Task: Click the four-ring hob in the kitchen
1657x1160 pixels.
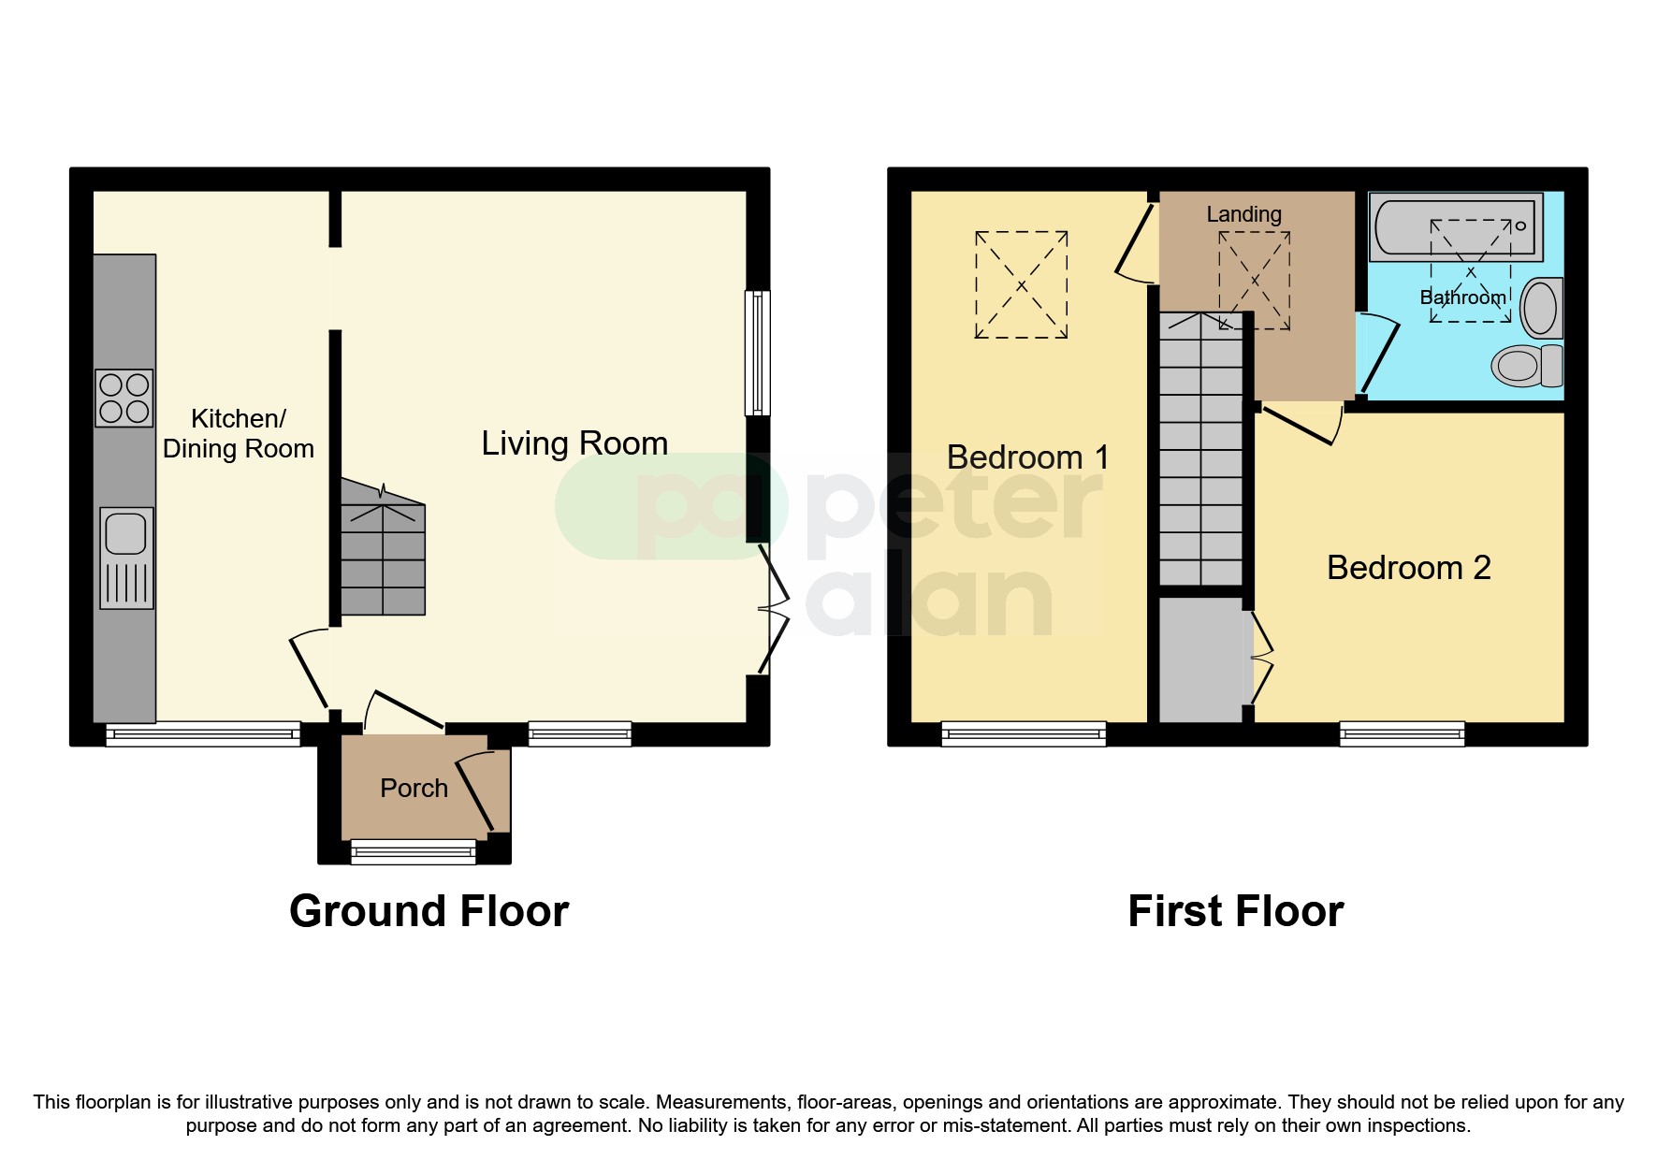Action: coord(124,399)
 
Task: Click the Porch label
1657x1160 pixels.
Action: coord(414,789)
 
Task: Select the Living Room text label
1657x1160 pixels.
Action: coord(574,443)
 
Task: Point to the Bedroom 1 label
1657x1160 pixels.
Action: coord(1027,457)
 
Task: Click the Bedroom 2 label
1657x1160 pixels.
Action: coord(1408,568)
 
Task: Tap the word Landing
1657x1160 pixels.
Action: coord(1243,214)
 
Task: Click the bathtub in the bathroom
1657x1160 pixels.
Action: coord(1455,227)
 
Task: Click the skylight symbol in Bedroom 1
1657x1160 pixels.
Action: coord(1022,284)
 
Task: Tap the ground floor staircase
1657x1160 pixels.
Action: coord(383,558)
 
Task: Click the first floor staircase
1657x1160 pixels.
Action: coord(1201,449)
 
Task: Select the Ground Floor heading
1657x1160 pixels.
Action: coord(429,911)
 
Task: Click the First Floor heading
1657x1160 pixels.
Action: coord(1235,911)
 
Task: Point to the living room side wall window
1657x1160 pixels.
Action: coord(758,353)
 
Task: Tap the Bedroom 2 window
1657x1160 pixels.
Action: coord(1402,734)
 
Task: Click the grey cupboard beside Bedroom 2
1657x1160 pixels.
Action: coord(1201,660)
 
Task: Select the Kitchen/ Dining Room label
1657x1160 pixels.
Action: coord(238,433)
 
